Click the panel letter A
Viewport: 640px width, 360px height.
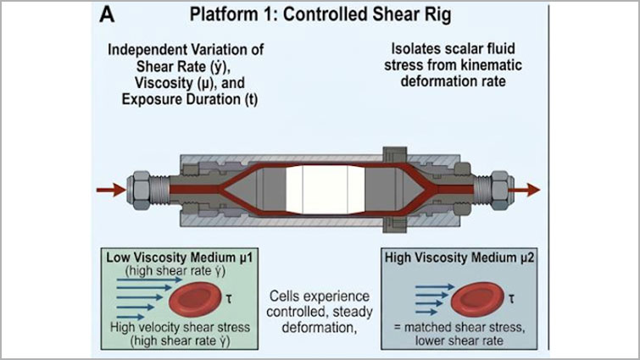click(107, 14)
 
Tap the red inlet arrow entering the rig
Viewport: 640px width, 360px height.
click(111, 190)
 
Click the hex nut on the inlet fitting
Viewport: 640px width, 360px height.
click(139, 191)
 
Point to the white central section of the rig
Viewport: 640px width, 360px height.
click(325, 190)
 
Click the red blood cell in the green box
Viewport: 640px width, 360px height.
click(194, 301)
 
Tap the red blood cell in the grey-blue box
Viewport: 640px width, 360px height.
click(476, 300)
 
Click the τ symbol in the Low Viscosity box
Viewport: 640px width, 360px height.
click(229, 299)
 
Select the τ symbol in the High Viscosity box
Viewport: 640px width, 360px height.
click(511, 299)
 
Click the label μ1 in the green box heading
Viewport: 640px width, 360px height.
click(244, 258)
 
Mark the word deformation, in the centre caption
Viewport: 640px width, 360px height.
click(320, 327)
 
